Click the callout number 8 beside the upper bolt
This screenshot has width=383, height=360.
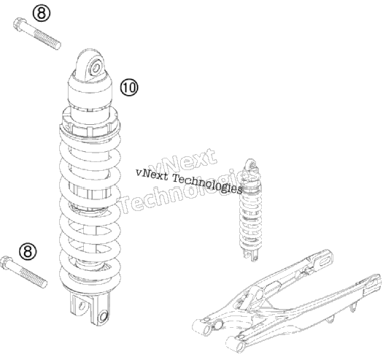coord(42,13)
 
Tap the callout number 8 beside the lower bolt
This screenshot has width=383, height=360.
coord(28,251)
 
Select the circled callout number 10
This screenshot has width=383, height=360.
coord(129,88)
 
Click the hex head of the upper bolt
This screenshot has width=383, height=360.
coord(18,24)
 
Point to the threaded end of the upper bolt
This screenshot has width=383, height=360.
coord(48,40)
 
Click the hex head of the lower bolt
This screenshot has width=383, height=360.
coord(6,262)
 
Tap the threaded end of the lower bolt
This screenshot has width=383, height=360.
coord(34,278)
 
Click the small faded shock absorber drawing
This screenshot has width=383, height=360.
coord(251,209)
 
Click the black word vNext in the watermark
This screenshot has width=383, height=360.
coord(152,175)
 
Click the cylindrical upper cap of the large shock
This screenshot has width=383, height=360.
coord(90,89)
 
